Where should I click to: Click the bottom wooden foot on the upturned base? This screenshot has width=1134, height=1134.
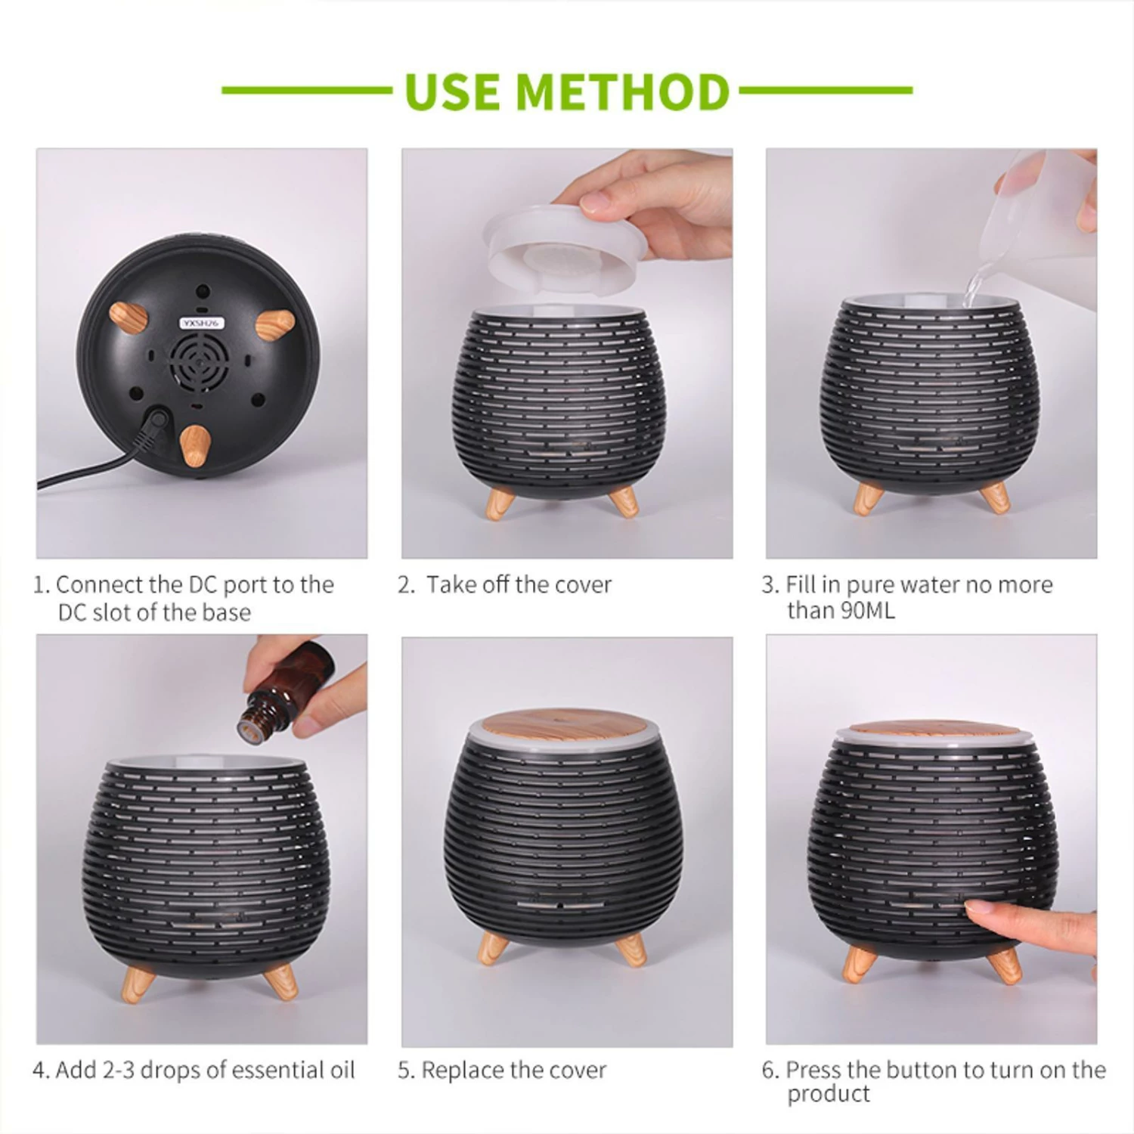tap(195, 445)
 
